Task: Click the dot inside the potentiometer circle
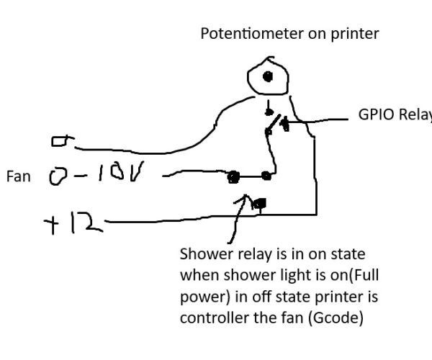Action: (267, 76)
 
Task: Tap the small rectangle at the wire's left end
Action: (59, 143)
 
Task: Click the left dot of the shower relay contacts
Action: (233, 176)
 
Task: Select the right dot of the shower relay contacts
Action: (266, 175)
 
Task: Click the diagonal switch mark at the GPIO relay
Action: (271, 126)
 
